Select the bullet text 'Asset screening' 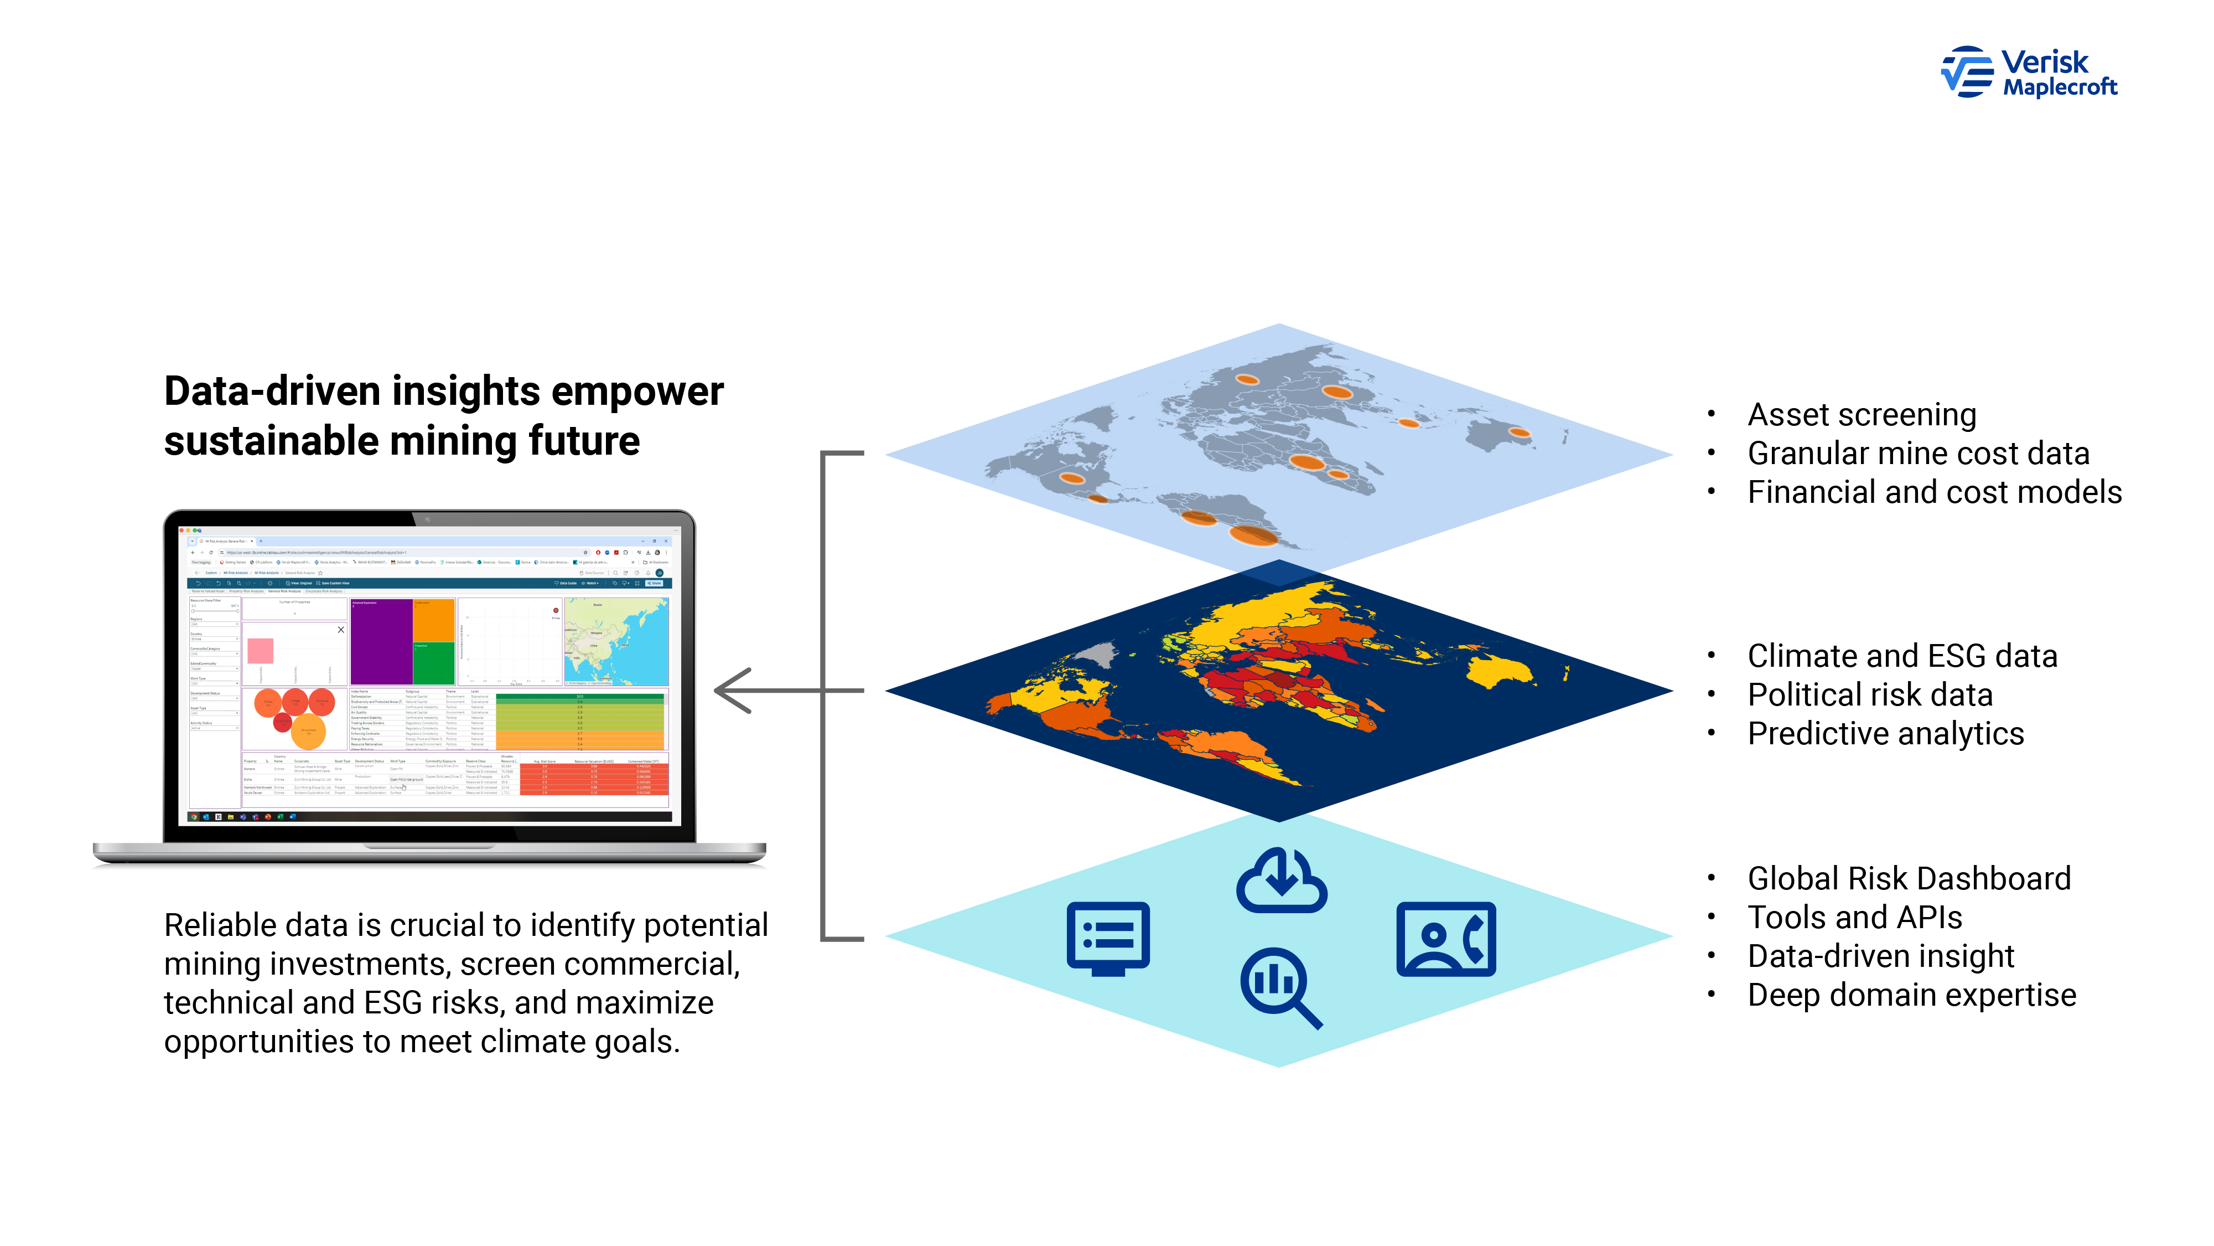pyautogui.click(x=1862, y=415)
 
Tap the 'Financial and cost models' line pyautogui.click(x=1934, y=493)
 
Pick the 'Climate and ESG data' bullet pyautogui.click(x=1902, y=656)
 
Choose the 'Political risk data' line pyautogui.click(x=1869, y=695)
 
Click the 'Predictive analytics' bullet pyautogui.click(x=1886, y=734)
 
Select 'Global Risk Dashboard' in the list pyautogui.click(x=1909, y=879)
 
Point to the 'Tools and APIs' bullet pyautogui.click(x=1855, y=918)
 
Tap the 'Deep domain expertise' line pyautogui.click(x=1911, y=995)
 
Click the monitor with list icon pyautogui.click(x=1108, y=938)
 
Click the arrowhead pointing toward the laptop pyautogui.click(x=732, y=691)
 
